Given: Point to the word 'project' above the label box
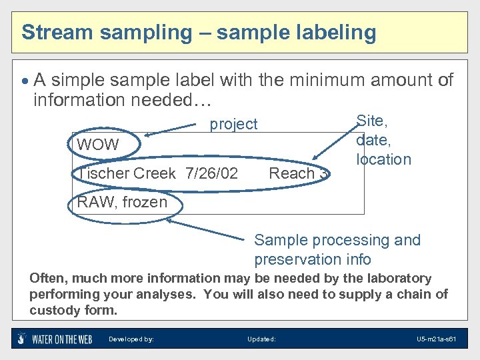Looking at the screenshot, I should click(x=233, y=124).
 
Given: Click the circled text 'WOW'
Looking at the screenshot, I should click(x=98, y=145).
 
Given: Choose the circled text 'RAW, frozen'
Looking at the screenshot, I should click(x=123, y=202).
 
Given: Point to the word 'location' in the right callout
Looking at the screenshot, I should click(x=383, y=159).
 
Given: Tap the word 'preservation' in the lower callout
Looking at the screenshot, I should click(x=304, y=259).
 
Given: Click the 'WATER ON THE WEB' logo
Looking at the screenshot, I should click(x=54, y=339).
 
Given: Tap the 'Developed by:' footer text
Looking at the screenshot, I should click(x=131, y=339).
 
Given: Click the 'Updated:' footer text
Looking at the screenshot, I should click(x=261, y=339).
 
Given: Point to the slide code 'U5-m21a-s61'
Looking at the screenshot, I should click(x=436, y=339).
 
